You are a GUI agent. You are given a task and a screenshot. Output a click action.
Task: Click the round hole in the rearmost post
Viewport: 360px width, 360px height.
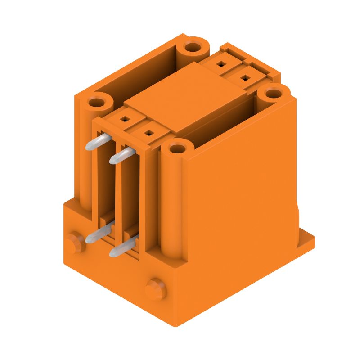pos(193,47)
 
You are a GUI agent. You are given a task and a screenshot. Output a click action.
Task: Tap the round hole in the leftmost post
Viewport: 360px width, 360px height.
pos(96,102)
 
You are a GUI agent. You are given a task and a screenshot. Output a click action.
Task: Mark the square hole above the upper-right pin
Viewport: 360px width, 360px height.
pos(147,133)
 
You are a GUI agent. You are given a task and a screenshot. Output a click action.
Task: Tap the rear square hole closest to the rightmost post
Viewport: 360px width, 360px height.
pos(244,78)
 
